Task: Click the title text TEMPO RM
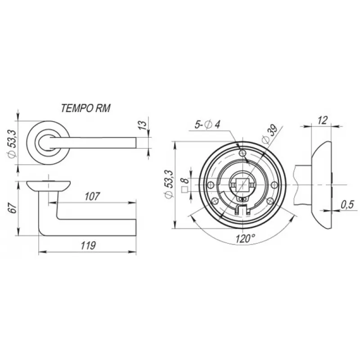point(85,108)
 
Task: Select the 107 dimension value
point(92,197)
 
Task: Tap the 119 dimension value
point(88,246)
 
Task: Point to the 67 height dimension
point(13,208)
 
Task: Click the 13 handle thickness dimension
point(143,125)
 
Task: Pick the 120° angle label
point(245,239)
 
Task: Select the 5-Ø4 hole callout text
point(207,125)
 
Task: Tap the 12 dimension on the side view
point(323,120)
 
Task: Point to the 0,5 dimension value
point(347,205)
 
